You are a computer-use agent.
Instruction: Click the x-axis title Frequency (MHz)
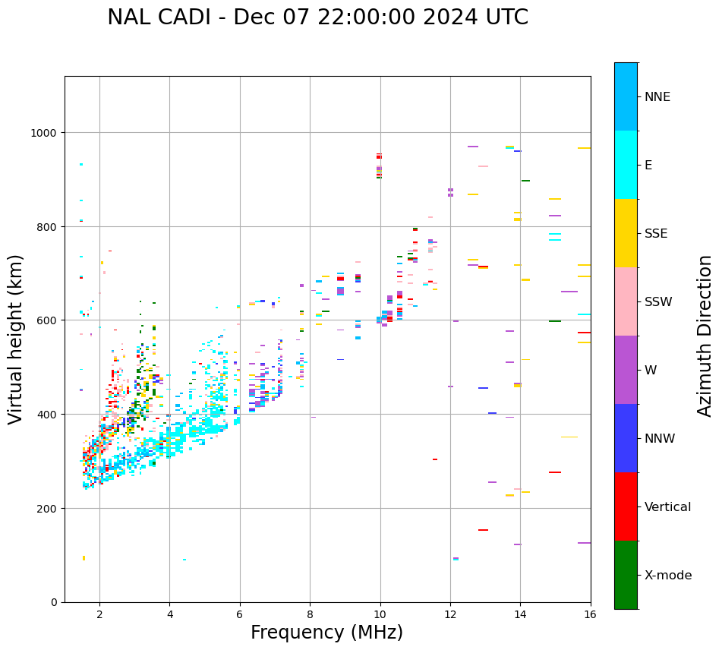coord(326,633)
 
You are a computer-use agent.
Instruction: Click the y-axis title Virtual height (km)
coord(16,339)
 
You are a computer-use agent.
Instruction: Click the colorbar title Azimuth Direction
coord(705,336)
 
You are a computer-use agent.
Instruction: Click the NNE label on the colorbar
coord(657,97)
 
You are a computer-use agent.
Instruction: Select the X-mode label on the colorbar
coord(668,576)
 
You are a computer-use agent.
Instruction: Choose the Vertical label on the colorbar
coord(668,507)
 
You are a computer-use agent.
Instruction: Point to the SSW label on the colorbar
coord(658,302)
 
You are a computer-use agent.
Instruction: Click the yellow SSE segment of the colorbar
coord(626,233)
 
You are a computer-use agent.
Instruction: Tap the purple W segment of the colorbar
coord(626,370)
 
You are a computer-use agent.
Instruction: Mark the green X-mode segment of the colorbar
coord(626,575)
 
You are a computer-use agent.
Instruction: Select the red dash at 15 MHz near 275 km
coord(555,472)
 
